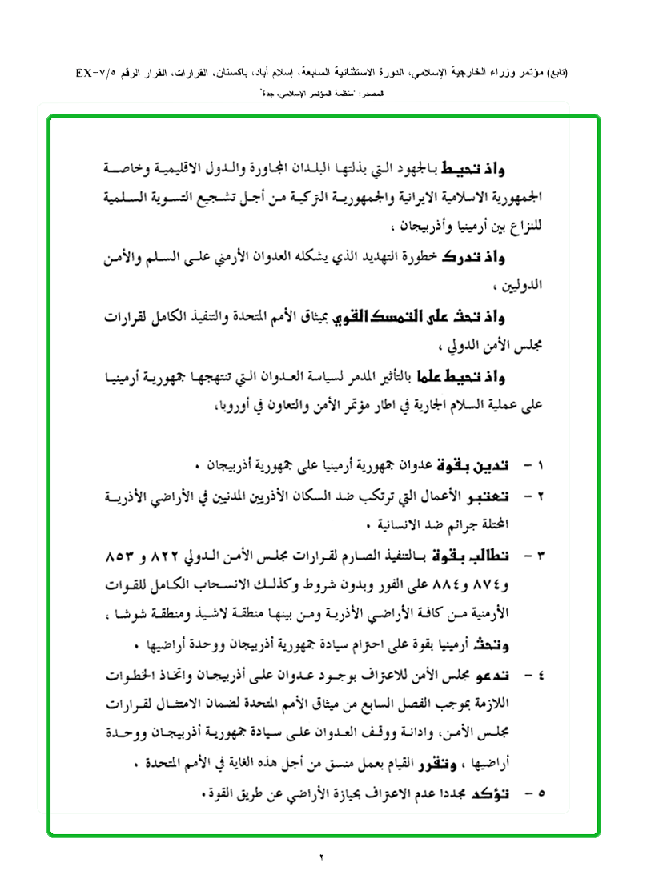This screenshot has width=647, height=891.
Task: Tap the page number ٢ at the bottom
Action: [322, 857]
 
